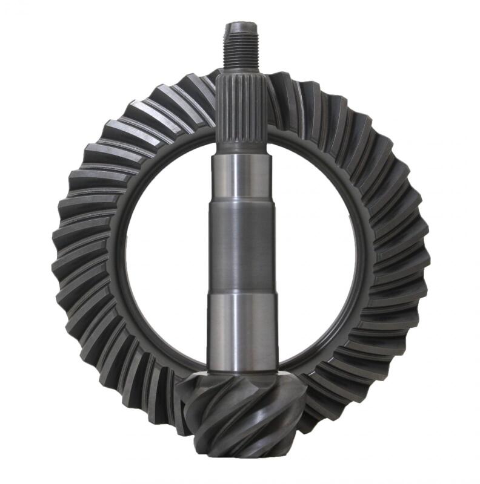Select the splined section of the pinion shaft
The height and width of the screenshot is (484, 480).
pos(241,109)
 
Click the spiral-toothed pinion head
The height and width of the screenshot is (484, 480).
pos(242,417)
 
